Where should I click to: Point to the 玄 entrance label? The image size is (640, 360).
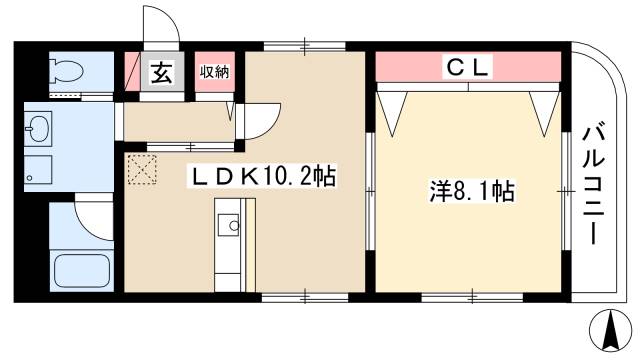(160, 72)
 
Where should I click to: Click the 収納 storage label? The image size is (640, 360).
(213, 71)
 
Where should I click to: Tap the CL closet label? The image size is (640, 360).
(466, 67)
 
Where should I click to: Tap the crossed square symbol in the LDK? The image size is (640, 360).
(143, 170)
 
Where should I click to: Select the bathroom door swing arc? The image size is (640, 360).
(95, 215)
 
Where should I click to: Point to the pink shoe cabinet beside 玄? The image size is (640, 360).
(132, 71)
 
